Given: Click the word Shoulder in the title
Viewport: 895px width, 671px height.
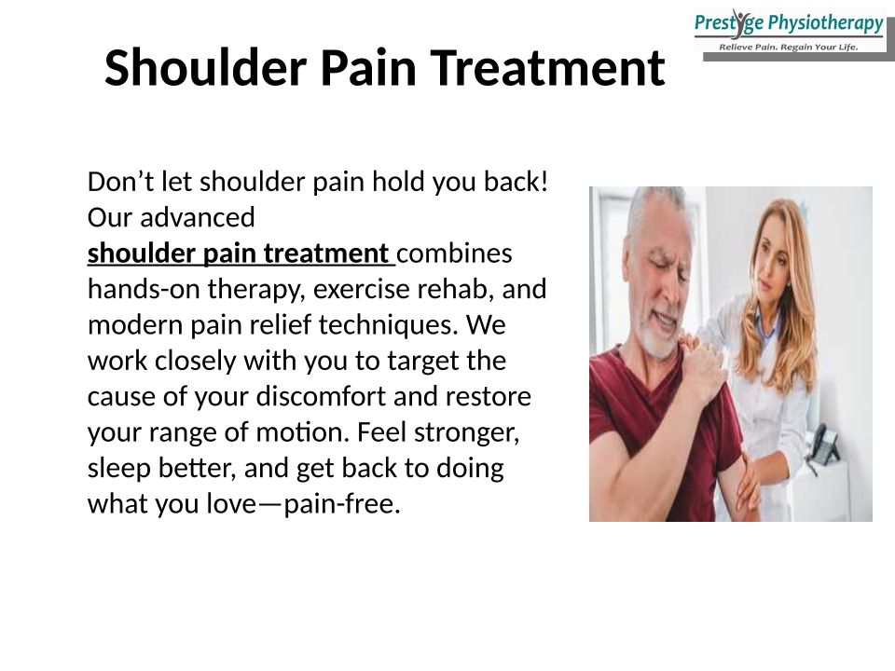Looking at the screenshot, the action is (x=205, y=67).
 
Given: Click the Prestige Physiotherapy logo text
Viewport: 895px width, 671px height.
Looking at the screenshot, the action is (x=789, y=23).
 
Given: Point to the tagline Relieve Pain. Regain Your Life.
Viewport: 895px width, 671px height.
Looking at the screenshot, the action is (x=789, y=48).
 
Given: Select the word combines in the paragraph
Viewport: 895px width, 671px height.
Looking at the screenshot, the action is (x=454, y=253).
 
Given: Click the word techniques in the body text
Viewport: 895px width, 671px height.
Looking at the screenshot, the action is (x=388, y=324).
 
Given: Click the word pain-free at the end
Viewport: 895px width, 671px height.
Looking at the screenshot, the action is (x=342, y=504).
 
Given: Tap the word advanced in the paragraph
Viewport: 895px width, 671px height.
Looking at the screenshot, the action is (x=198, y=217).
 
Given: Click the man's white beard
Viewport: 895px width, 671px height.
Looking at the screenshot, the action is (x=660, y=337).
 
